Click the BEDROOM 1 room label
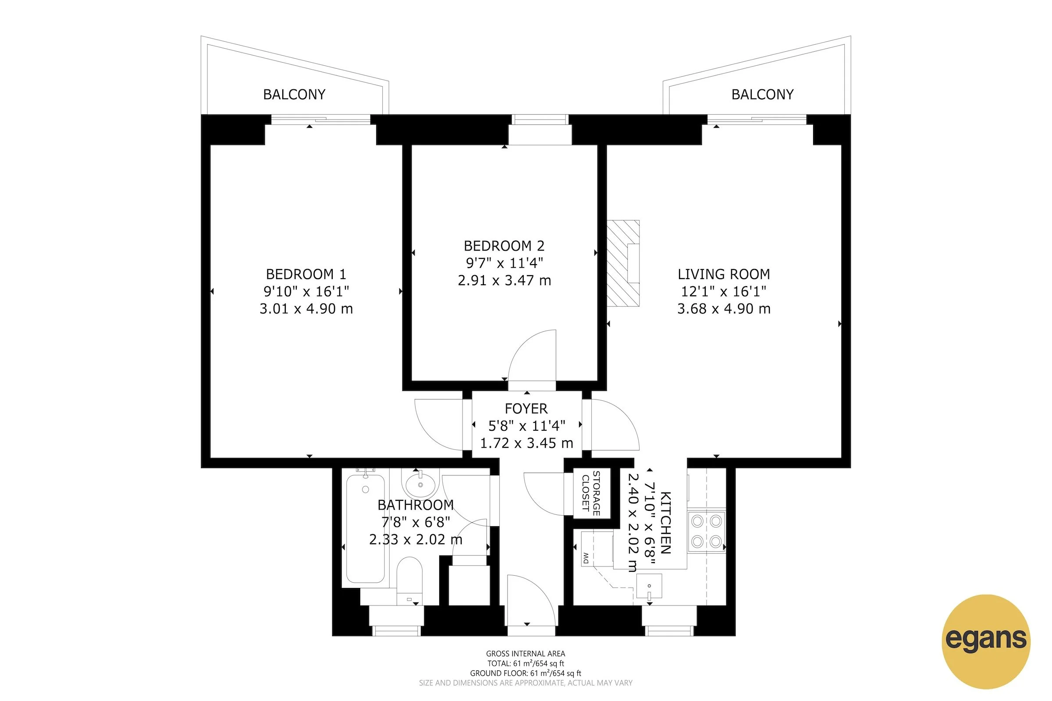coord(306,274)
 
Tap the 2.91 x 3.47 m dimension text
coord(504,281)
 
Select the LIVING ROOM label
coord(724,274)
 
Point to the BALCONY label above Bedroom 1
coord(294,95)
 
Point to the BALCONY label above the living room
coord(762,95)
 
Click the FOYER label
coord(526,409)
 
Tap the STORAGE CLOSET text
coord(591,493)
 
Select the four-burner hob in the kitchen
coord(706,531)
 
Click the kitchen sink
coord(649,586)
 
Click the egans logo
coord(986,641)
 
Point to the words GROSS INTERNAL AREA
coord(526,654)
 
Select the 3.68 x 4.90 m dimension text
coord(724,309)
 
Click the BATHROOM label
coord(416,505)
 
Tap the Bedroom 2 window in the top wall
coord(540,119)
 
